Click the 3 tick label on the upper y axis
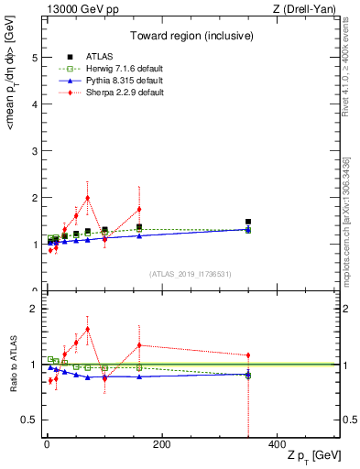pyautogui.click(x=34, y=151)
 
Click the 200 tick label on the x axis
pyautogui.click(x=161, y=444)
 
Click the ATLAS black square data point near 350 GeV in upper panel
pyautogui.click(x=248, y=222)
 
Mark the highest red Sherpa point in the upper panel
pyautogui.click(x=87, y=198)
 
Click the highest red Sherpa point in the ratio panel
pyautogui.click(x=87, y=329)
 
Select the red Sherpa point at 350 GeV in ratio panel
pyautogui.click(x=248, y=355)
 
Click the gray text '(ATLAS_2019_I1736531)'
pyautogui.click(x=191, y=273)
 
